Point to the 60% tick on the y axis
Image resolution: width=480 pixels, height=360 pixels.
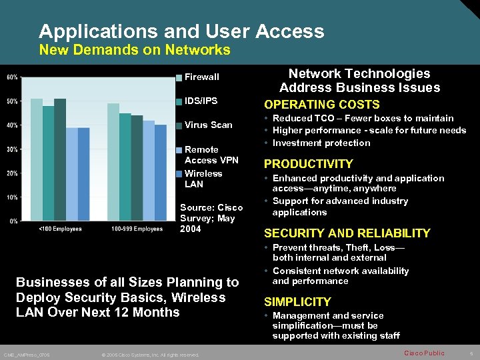click(12, 77)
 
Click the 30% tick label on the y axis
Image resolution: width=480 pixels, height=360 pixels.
click(12, 149)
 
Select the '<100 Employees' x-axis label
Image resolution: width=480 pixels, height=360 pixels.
click(60, 229)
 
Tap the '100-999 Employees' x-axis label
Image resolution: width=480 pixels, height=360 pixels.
click(137, 229)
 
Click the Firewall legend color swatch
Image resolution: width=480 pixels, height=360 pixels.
click(179, 77)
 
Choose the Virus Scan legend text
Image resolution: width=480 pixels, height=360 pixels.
click(208, 125)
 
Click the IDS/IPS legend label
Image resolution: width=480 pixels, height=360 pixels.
click(201, 101)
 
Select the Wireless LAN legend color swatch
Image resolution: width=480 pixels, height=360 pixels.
click(179, 174)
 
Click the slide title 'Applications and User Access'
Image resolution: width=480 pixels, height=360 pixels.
click(181, 31)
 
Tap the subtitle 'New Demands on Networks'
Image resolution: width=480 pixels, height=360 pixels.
click(135, 50)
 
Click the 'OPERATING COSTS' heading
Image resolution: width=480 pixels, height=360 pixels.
click(322, 105)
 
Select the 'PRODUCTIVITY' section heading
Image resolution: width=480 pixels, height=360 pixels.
click(309, 164)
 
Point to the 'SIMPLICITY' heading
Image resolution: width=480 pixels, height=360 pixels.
click(297, 302)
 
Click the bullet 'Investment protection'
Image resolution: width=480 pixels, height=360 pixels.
click(321, 143)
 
